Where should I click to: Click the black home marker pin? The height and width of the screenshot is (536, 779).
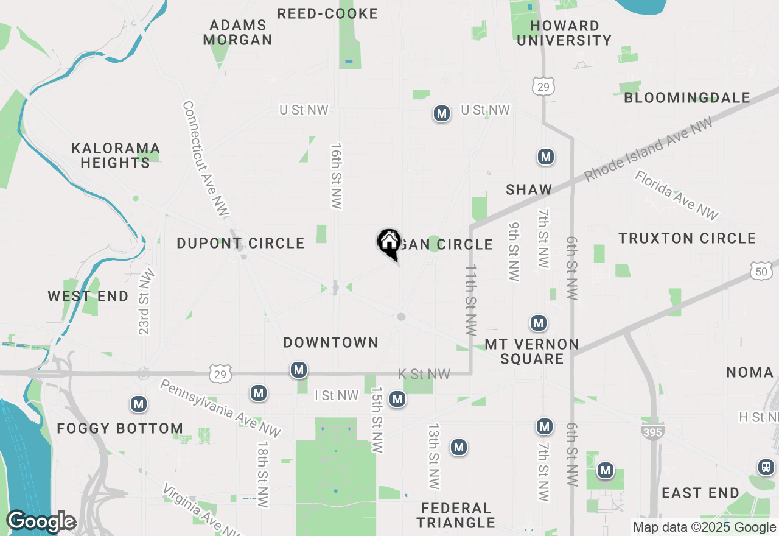[388, 243]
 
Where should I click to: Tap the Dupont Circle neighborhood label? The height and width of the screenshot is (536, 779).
[240, 243]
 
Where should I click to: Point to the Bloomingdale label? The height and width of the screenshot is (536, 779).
[687, 97]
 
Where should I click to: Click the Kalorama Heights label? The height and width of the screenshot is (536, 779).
[116, 155]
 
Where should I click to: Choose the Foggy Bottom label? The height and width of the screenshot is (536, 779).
[120, 428]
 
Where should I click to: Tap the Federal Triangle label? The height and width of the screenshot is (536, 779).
[456, 515]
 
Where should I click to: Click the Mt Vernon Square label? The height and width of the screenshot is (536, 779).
[532, 351]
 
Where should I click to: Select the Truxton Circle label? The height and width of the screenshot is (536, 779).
[687, 238]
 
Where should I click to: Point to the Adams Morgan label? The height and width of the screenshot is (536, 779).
[237, 33]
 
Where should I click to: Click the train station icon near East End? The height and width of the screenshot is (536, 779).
[766, 468]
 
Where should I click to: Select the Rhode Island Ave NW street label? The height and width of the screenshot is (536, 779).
[648, 149]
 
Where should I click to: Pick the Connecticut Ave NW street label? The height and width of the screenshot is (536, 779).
[205, 158]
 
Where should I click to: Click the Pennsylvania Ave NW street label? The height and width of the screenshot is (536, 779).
[220, 408]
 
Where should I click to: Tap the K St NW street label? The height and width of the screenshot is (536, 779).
[424, 374]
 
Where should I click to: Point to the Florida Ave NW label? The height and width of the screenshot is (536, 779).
[677, 195]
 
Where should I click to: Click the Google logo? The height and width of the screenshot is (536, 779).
[41, 522]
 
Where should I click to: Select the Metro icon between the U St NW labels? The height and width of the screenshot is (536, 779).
[442, 113]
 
